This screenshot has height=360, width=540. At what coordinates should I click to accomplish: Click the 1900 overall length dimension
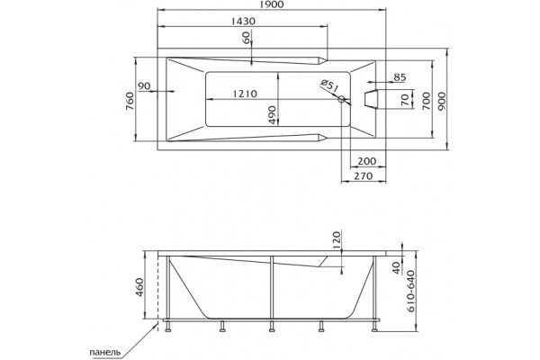[272, 4]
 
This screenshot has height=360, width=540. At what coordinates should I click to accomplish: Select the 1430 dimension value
[243, 21]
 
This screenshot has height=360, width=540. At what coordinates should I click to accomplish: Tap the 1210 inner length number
[245, 94]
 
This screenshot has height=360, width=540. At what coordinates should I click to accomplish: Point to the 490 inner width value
[272, 115]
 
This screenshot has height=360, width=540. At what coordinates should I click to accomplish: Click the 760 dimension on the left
[130, 101]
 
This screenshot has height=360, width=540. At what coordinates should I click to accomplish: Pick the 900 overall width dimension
[442, 101]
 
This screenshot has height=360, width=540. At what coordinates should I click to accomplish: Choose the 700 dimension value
[427, 101]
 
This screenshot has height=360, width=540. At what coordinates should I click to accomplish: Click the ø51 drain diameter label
[328, 85]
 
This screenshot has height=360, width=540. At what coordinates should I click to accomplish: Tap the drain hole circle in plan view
[342, 99]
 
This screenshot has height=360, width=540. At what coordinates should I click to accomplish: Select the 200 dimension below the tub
[367, 161]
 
